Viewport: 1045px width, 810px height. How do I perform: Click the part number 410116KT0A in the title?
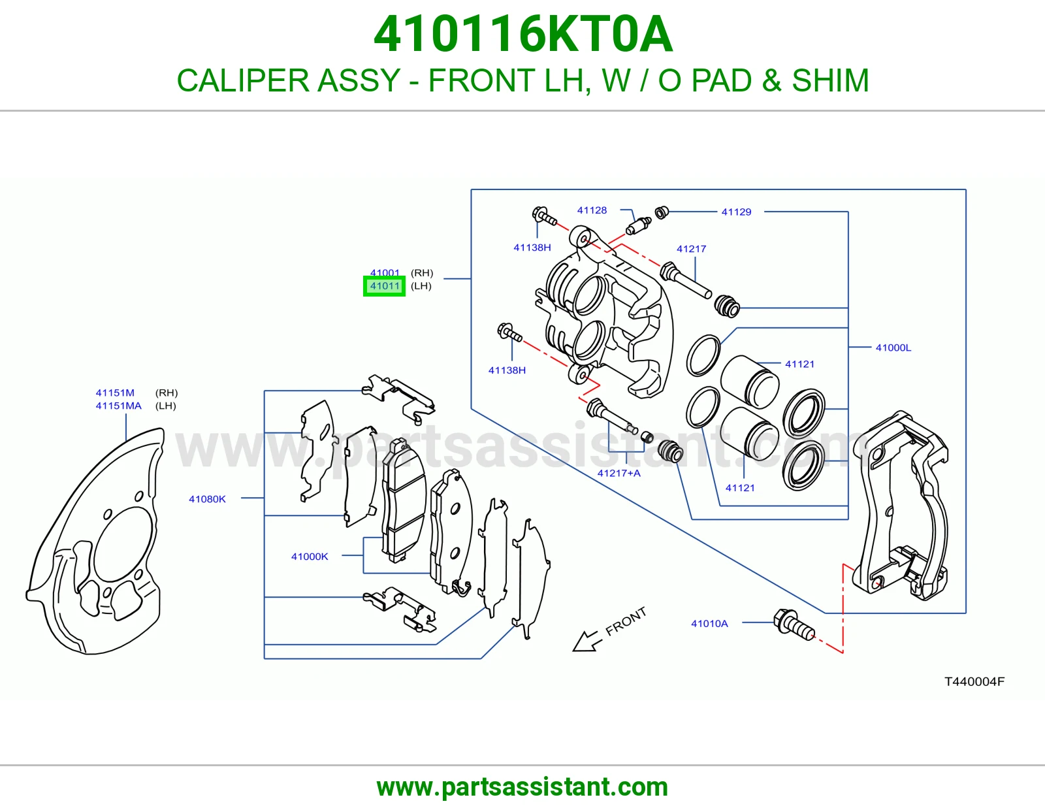[x=522, y=34]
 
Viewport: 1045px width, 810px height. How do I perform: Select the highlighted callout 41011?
[x=384, y=286]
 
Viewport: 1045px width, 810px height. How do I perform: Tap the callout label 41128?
[x=592, y=210]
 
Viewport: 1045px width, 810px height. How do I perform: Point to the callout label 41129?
[x=736, y=212]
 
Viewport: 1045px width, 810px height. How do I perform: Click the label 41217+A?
[x=619, y=474]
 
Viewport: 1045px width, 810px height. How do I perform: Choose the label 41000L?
[x=893, y=348]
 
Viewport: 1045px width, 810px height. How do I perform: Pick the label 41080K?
[x=207, y=499]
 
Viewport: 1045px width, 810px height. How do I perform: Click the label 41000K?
[x=310, y=557]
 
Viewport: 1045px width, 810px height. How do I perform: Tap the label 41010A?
[x=709, y=624]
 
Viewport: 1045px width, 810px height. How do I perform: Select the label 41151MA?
[x=118, y=406]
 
